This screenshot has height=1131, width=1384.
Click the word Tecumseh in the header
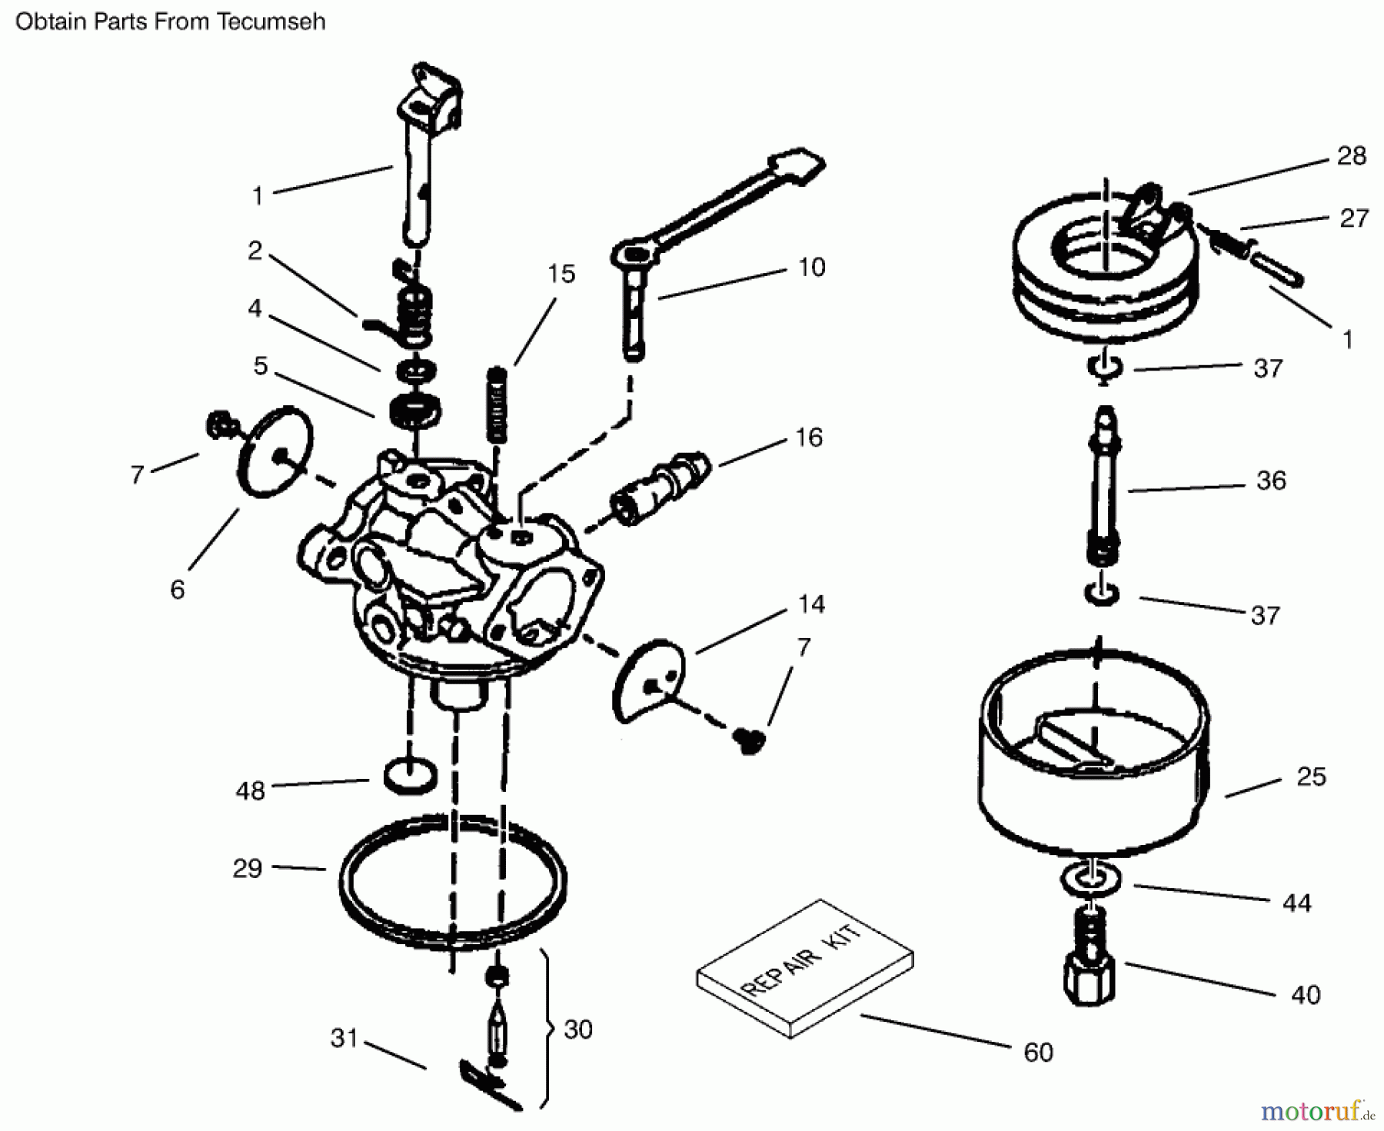click(x=271, y=22)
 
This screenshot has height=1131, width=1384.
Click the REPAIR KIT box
click(x=804, y=969)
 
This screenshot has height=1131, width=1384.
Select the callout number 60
click(x=1038, y=1052)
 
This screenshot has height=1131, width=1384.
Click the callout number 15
click(x=561, y=274)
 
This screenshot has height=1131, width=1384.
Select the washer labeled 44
click(x=1090, y=879)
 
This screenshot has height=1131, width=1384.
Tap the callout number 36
click(x=1270, y=481)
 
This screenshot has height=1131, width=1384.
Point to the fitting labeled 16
click(x=661, y=487)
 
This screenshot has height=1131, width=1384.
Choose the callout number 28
click(x=1351, y=156)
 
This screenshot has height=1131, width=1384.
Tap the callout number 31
click(x=344, y=1038)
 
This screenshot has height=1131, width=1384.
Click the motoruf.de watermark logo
click(x=1316, y=1110)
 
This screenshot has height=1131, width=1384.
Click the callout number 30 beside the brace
click(x=577, y=1030)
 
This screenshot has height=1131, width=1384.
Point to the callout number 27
click(x=1353, y=219)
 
